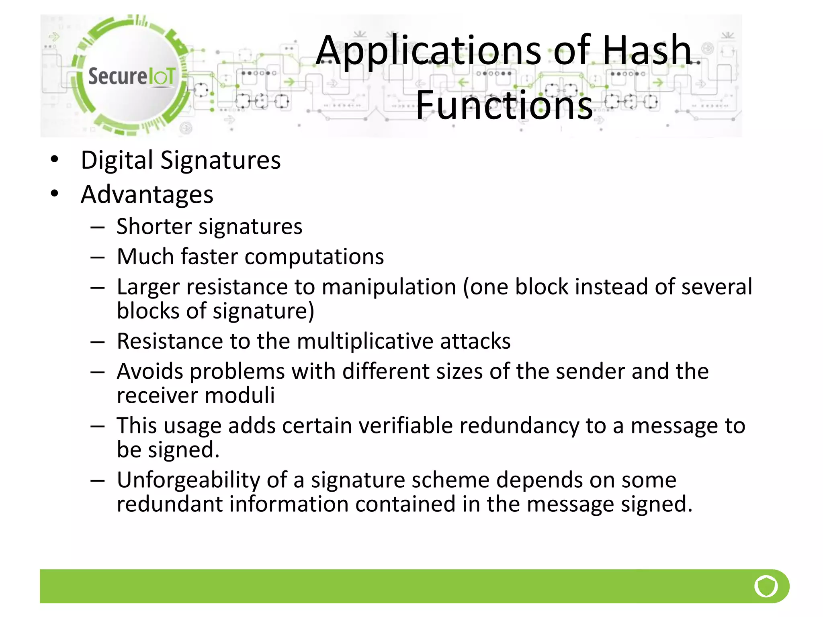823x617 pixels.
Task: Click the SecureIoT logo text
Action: pos(131,76)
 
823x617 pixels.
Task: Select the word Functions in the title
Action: pos(504,105)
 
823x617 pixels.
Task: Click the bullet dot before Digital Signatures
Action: pos(55,159)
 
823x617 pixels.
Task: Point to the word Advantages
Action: pos(147,195)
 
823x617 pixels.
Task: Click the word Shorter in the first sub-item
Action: pos(154,227)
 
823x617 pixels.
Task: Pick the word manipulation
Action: pos(389,287)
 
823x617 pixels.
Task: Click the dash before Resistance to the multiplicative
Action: pos(98,342)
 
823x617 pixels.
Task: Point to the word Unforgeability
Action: pos(188,480)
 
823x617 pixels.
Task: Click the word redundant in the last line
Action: pos(169,504)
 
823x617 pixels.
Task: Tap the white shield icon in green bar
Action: pos(766,586)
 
